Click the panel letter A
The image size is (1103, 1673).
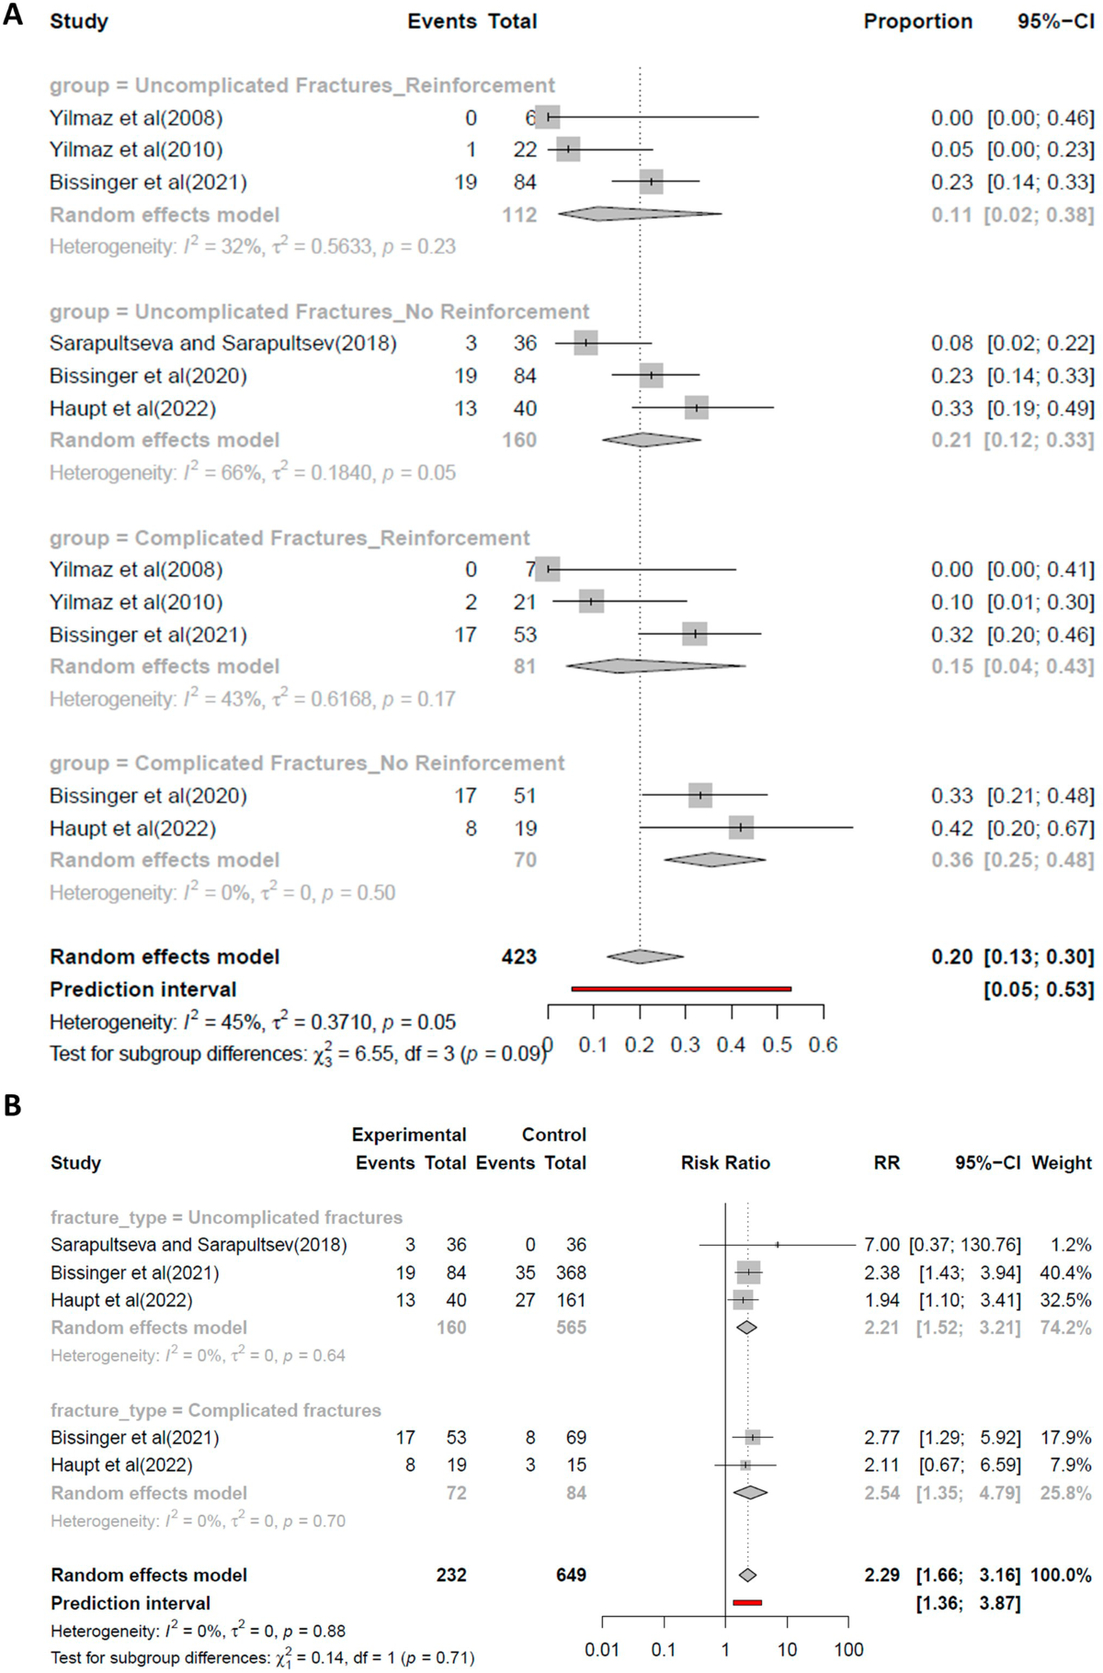coord(13,15)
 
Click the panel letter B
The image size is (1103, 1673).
coord(13,1105)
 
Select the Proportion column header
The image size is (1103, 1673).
coord(917,21)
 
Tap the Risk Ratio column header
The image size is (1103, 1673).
coord(725,1163)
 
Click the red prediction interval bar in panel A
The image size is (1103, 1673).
coord(681,989)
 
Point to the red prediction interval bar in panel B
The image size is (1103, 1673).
coord(747,1603)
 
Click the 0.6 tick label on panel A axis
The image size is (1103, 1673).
coord(823,1045)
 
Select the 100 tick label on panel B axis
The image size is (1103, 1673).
coord(848,1650)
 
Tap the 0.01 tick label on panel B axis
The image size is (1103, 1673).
coord(602,1650)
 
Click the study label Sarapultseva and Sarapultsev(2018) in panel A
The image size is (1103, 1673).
coord(223,344)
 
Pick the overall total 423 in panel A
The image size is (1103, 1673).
coord(518,957)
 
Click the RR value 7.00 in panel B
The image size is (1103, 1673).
coord(881,1245)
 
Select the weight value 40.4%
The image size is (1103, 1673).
coord(1066,1272)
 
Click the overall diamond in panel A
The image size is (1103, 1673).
coord(643,956)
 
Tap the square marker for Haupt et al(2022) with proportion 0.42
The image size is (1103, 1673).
coord(741,828)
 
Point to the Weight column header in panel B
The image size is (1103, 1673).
coord(1062,1163)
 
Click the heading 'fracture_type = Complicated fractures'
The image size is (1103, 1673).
coord(216,1410)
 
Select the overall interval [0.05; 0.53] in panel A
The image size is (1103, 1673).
coord(1039,989)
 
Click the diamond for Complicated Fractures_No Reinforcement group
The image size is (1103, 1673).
coord(713,860)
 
